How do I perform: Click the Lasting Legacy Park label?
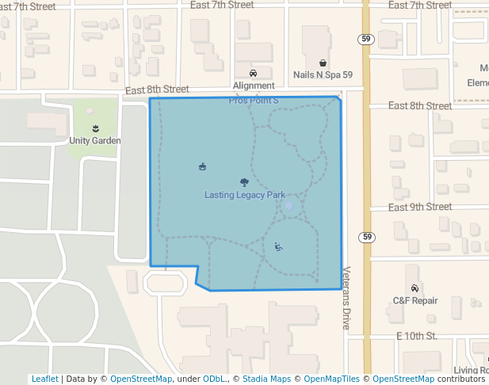tap(244, 196)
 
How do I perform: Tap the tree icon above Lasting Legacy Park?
tap(244, 183)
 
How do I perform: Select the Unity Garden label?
tap(95, 141)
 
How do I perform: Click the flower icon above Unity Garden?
tap(95, 128)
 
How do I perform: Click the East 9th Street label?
tap(420, 207)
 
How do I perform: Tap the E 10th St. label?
tap(417, 336)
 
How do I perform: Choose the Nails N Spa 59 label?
tap(323, 75)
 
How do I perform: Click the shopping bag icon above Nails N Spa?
tap(323, 63)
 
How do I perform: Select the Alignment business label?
tap(254, 86)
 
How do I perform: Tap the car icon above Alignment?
tap(253, 74)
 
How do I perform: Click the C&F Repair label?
tap(415, 301)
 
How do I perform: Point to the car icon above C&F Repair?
tap(415, 288)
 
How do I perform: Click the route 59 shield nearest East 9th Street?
tap(365, 237)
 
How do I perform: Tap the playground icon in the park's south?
tap(278, 246)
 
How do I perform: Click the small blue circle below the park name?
tap(288, 206)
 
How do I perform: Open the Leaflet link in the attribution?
tap(44, 379)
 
